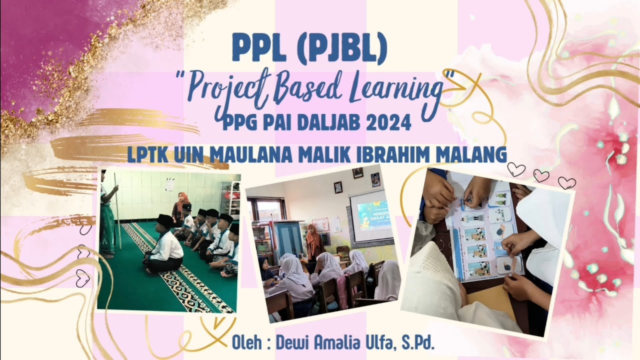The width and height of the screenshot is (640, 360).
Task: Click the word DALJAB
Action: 330,123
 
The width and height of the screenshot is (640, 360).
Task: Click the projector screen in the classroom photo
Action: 370,216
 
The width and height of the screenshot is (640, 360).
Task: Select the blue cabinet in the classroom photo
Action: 288,239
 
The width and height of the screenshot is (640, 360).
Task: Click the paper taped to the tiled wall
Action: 169,185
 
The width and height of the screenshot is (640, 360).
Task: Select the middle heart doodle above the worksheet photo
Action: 540,175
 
